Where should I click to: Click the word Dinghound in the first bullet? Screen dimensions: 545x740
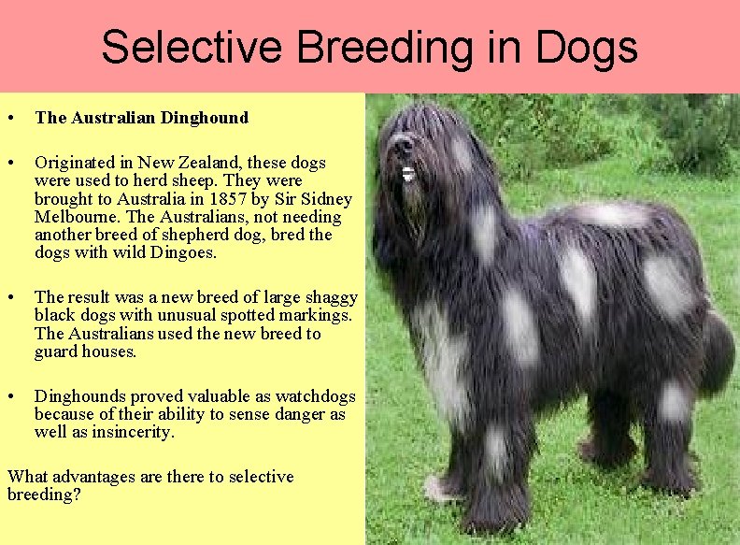click(205, 118)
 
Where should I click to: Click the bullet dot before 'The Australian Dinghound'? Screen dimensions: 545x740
click(9, 119)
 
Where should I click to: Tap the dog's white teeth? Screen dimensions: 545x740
click(408, 174)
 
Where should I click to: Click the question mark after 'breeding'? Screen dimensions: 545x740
click(76, 495)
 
